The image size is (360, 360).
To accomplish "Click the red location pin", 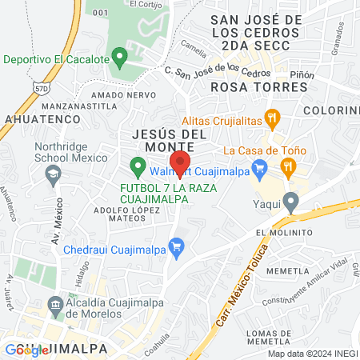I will [181, 162].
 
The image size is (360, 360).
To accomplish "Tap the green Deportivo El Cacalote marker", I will [120, 58].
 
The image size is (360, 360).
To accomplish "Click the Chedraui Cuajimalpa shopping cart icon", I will [176, 246].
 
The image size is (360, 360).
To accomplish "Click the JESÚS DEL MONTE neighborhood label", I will [169, 141].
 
